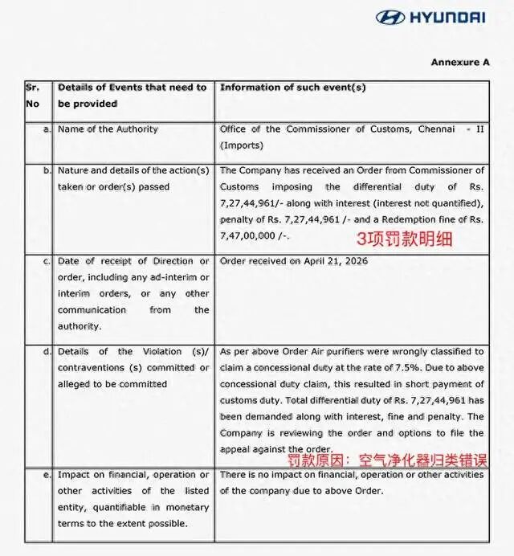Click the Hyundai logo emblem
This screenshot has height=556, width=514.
pos(390,17)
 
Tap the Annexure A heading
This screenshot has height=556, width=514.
pos(459,62)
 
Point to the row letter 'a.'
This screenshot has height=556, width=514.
pos(47,129)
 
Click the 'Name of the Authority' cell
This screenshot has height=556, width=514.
pos(108,129)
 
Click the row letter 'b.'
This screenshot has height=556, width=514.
pos(47,170)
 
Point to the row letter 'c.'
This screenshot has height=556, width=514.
pos(47,261)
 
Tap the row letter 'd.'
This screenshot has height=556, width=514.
pos(47,352)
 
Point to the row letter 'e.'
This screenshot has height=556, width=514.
pos(47,475)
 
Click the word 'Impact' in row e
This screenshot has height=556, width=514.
pos(74,475)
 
